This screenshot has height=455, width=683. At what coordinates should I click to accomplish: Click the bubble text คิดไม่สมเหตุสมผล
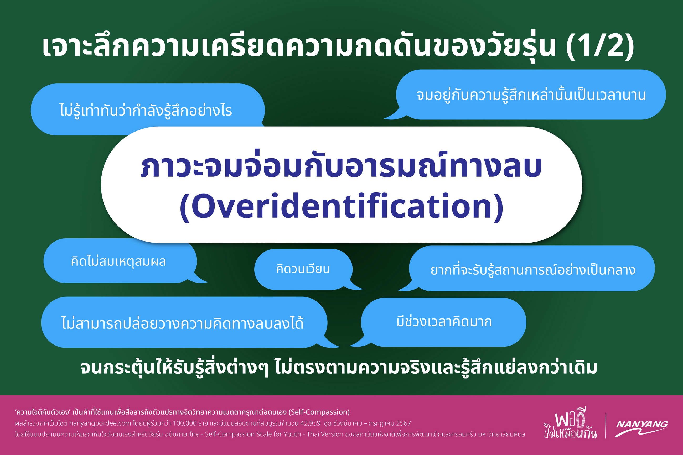[118, 261]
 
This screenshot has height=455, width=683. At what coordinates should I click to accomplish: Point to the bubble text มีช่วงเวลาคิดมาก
[444, 322]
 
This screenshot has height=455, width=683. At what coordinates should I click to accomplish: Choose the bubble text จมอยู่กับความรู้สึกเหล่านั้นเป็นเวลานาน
[531, 95]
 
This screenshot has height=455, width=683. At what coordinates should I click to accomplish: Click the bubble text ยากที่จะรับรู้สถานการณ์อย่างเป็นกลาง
[533, 270]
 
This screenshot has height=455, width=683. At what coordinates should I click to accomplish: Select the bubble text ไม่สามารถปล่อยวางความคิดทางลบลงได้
[182, 323]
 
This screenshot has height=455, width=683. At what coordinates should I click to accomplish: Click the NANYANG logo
[641, 428]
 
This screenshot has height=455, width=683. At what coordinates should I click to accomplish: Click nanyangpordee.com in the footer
[100, 423]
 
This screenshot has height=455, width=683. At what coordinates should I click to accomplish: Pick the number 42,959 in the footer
[310, 423]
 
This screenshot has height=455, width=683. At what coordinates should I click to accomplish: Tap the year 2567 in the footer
[403, 423]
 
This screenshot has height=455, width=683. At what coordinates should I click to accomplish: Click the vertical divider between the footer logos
[606, 425]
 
